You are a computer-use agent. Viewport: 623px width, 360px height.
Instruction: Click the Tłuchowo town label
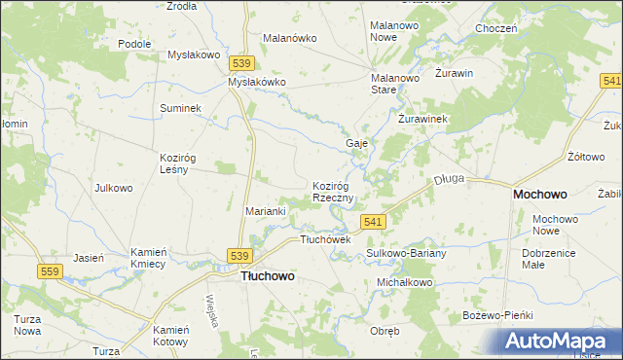[268, 275]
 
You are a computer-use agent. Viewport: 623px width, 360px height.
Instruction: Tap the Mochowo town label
[541, 195]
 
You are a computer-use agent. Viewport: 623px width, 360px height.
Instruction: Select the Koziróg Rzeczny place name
[338, 192]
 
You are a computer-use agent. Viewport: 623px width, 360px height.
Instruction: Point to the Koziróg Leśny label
[180, 162]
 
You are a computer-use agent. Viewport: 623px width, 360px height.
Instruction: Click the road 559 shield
[52, 271]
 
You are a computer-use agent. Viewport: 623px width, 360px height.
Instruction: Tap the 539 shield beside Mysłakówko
[243, 63]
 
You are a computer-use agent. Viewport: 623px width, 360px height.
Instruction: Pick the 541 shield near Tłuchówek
[373, 223]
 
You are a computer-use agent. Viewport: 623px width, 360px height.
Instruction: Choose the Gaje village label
[356, 143]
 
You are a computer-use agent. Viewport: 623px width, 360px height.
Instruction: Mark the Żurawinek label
[422, 119]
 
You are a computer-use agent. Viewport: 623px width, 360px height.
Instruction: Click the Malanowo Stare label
[397, 83]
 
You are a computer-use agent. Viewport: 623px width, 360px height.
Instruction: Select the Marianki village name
[264, 211]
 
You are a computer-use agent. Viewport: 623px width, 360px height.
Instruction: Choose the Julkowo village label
[113, 188]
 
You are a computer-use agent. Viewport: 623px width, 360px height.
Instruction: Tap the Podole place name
[134, 44]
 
